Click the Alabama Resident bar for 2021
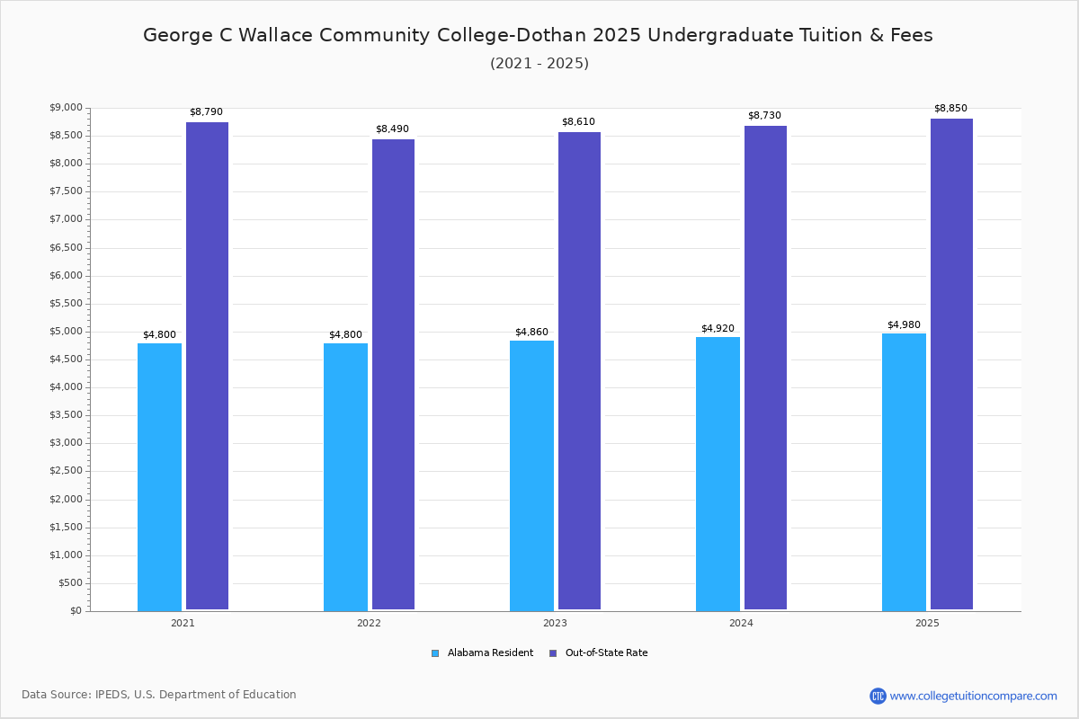[159, 476]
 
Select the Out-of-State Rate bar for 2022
[393, 374]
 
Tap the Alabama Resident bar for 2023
[531, 475]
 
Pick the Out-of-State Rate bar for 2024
[765, 368]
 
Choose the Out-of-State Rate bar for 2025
[951, 364]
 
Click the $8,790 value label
[206, 112]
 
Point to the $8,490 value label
[392, 129]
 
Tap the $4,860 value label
[531, 333]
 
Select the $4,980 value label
[904, 325]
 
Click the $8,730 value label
[764, 116]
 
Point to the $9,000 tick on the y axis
[65, 108]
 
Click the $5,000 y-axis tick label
[65, 332]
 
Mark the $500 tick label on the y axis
[70, 583]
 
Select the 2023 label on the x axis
[555, 623]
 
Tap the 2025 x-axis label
[927, 623]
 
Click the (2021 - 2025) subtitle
[539, 64]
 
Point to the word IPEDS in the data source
[112, 695]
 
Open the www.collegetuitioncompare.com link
[973, 696]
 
